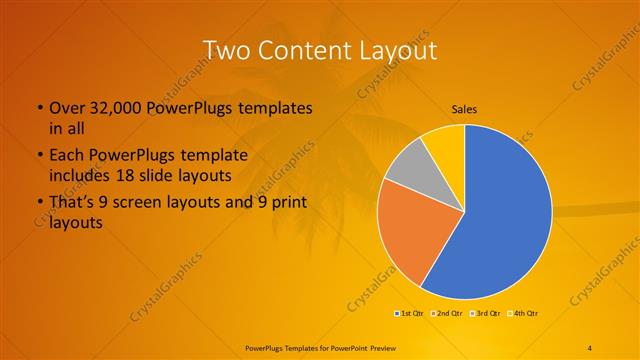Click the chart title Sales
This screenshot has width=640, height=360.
[x=464, y=108]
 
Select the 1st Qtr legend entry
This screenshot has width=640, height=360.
[x=410, y=314]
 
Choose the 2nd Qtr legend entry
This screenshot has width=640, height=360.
[x=447, y=314]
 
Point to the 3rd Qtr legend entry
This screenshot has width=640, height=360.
[x=484, y=314]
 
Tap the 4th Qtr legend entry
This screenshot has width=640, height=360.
[x=521, y=314]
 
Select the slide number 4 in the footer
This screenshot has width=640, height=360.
[x=591, y=347]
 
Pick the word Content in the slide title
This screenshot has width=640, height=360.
[x=303, y=50]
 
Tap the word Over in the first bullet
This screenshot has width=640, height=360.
[x=67, y=108]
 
